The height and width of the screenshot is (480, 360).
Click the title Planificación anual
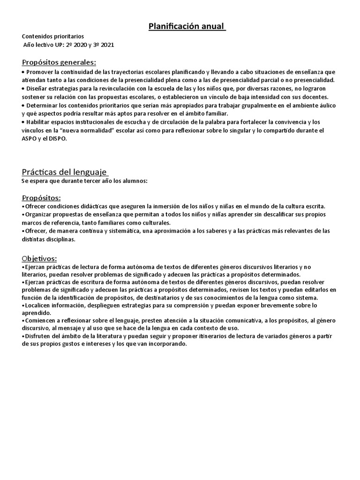[187, 27]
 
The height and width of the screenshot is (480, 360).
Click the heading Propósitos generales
[59, 62]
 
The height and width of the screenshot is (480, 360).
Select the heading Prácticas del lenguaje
[65, 172]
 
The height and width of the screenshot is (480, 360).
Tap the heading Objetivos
[39, 258]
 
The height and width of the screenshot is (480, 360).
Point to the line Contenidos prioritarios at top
[53, 37]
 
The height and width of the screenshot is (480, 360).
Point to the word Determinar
[42, 105]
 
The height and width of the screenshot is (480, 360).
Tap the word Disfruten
[37, 336]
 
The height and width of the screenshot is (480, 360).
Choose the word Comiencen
[40, 321]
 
